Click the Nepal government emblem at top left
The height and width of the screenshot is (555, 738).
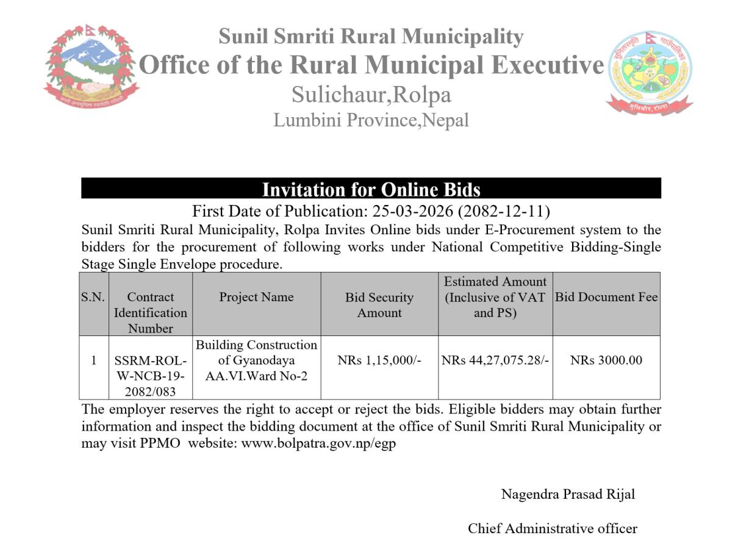(x=91, y=67)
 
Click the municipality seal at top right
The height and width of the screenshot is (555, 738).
(x=649, y=72)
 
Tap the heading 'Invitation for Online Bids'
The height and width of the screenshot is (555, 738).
(x=371, y=189)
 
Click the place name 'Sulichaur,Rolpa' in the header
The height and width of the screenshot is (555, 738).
(x=371, y=95)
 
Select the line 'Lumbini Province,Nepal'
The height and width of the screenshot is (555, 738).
(x=371, y=120)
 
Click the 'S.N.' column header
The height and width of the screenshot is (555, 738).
(x=93, y=297)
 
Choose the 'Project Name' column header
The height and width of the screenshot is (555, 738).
(x=256, y=297)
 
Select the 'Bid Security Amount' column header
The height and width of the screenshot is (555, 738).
(x=379, y=305)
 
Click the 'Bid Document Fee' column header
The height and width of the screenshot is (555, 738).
(x=606, y=297)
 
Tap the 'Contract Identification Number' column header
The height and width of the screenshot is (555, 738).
(x=151, y=312)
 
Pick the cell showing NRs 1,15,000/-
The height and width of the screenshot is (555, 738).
(x=379, y=360)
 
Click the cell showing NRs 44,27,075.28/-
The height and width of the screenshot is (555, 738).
(x=495, y=360)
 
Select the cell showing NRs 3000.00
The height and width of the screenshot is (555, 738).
(x=606, y=360)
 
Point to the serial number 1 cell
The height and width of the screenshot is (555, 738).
(x=93, y=360)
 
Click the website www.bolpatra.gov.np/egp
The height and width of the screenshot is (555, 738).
(x=318, y=443)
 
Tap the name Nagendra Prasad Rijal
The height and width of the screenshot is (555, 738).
(x=568, y=494)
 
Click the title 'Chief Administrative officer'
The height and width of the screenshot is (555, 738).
(x=553, y=528)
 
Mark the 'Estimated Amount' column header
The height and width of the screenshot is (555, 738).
(x=495, y=297)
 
